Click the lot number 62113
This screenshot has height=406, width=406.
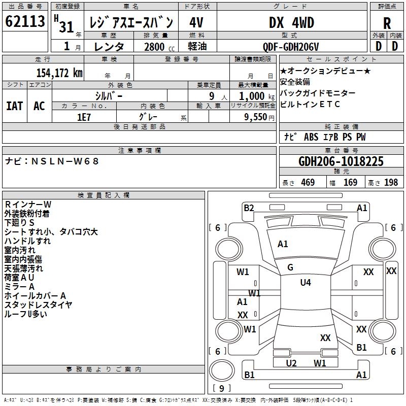[x=25, y=21]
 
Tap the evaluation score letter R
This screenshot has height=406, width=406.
[x=387, y=23]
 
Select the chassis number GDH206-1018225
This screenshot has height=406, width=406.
[x=341, y=162]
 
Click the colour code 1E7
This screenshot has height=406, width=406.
[x=84, y=117]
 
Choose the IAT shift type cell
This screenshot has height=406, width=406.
[x=14, y=106]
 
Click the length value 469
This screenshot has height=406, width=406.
[x=308, y=183]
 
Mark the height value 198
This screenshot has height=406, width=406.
[x=391, y=183]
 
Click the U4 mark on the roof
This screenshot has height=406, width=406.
[x=305, y=283]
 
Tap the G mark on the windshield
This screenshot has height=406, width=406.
[x=290, y=267]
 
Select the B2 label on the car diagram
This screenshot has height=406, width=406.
[x=249, y=208]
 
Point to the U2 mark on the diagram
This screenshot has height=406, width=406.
[x=291, y=363]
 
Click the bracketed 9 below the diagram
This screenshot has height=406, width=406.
[x=221, y=389]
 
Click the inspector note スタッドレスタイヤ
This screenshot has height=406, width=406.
[x=38, y=304]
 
